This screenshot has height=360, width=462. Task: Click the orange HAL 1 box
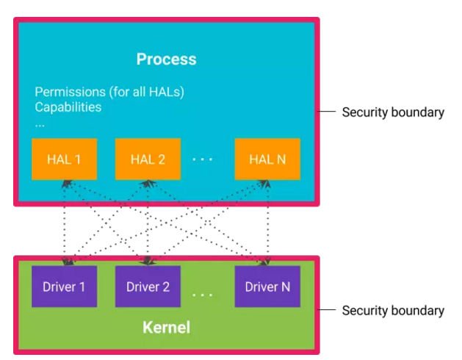coord(64,159)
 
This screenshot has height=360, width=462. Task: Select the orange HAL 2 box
coord(148,159)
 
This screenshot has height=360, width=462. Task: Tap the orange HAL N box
coord(267,159)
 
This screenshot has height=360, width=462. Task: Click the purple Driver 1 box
coord(64,287)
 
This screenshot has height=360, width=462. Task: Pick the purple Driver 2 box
coord(148,287)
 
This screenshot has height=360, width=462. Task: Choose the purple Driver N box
coord(267,287)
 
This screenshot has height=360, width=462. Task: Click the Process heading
coord(166,59)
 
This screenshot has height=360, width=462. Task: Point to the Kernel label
coord(166,327)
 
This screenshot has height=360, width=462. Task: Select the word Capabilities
coord(68,107)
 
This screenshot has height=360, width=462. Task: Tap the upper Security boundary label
coord(393,112)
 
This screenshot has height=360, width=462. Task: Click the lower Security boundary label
coord(393,310)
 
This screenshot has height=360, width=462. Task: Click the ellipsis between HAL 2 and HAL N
coord(202,159)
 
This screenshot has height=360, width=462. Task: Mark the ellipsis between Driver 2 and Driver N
coord(202,294)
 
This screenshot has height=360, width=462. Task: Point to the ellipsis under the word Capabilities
coord(40,123)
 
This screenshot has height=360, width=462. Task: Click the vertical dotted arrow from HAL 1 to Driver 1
coord(64,220)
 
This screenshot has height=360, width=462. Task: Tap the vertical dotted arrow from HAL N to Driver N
coord(267,220)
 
